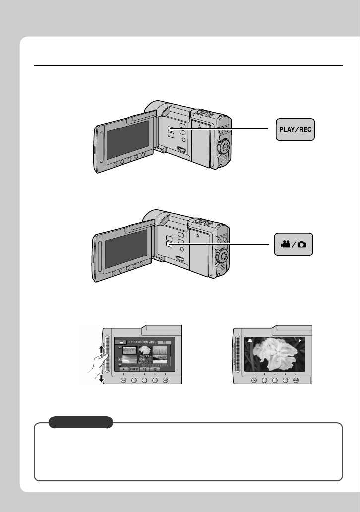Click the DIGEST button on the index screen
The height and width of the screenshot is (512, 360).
coord(135,370)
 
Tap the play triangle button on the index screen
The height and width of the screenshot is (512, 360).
coord(122,370)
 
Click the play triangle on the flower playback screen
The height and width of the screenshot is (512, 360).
coord(300,341)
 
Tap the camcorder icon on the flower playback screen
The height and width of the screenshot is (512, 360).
coord(250,341)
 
